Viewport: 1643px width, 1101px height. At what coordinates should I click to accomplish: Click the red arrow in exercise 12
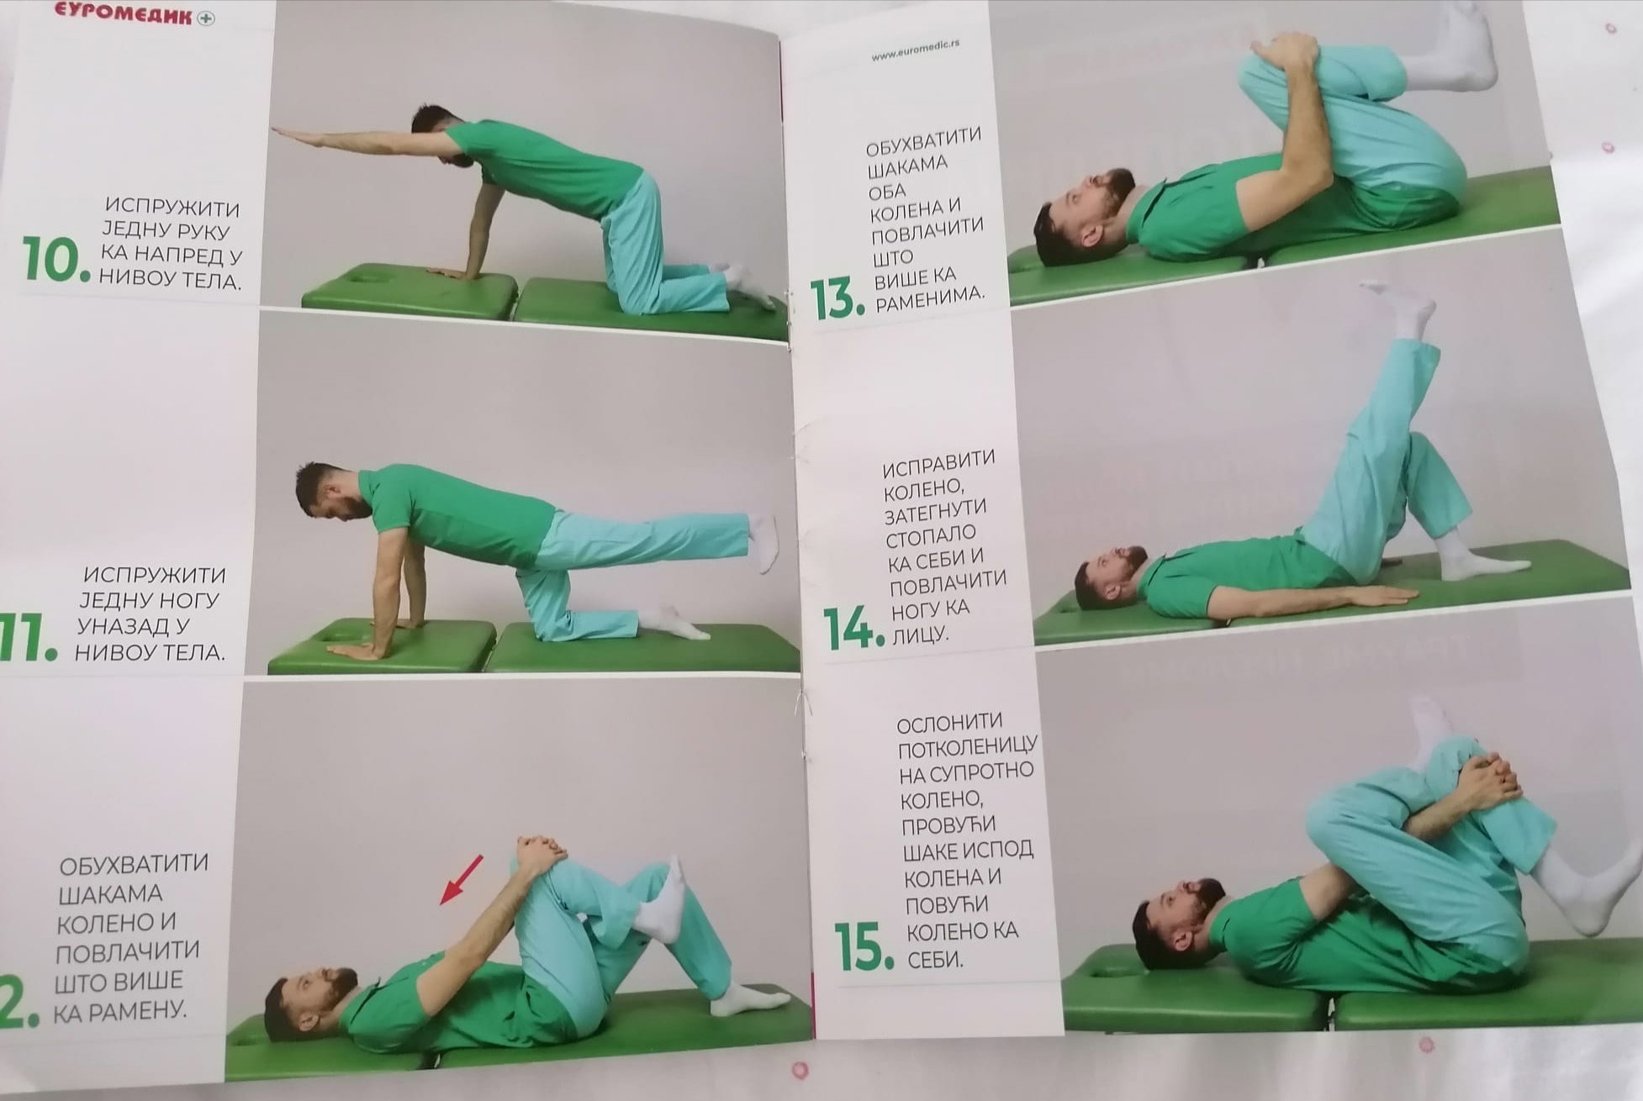click(x=462, y=879)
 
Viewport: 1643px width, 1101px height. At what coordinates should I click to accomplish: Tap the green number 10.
click(x=55, y=259)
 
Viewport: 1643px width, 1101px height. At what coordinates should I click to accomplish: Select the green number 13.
click(x=837, y=300)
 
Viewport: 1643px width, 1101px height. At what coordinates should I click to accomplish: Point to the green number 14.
click(x=853, y=627)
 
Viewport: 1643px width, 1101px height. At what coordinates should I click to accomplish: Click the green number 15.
click(x=864, y=946)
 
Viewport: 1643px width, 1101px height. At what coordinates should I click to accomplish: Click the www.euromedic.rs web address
click(x=915, y=51)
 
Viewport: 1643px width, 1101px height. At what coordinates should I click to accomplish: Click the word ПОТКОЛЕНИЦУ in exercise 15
click(x=968, y=746)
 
